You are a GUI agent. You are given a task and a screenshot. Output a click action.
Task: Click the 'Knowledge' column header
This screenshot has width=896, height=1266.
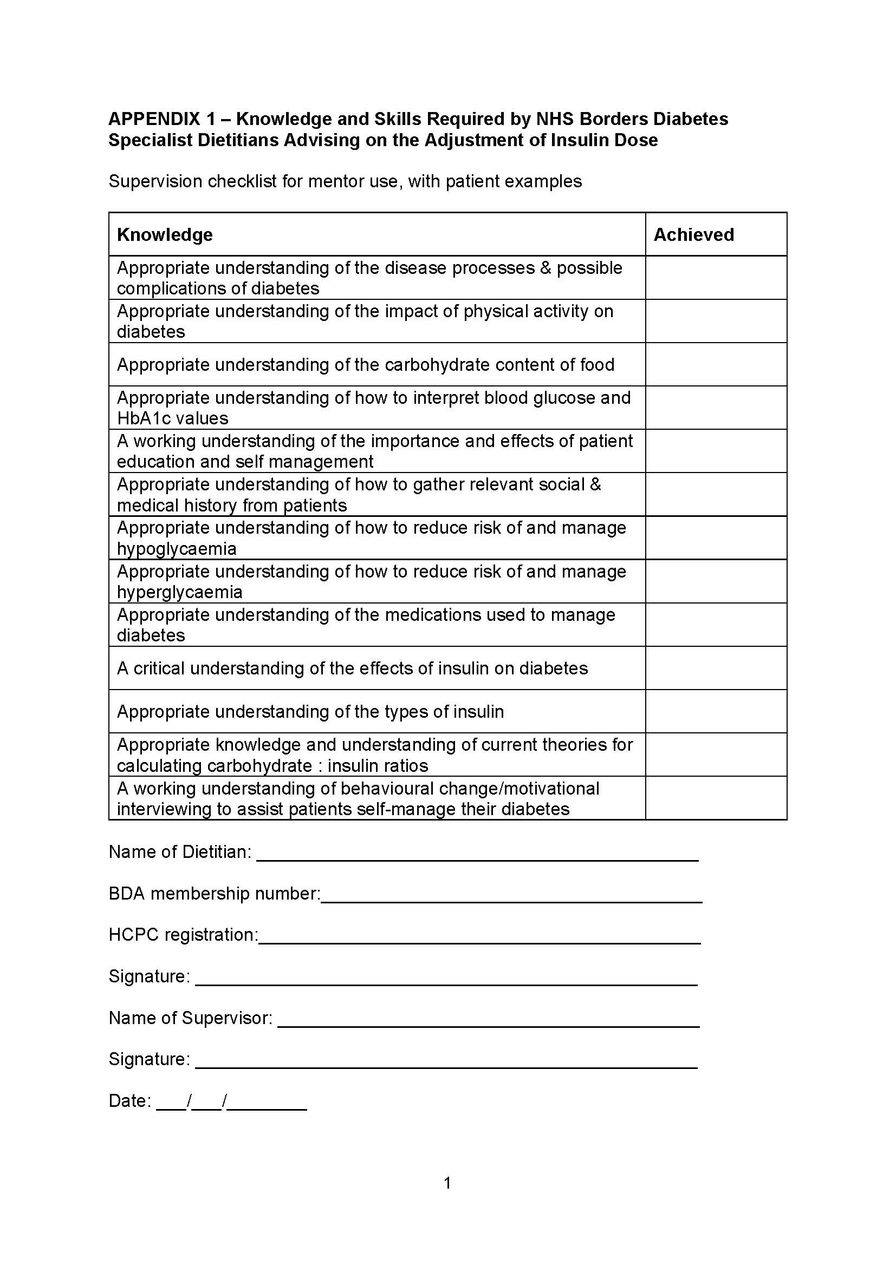165,235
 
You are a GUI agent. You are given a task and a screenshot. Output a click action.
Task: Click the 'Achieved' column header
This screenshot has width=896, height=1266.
693,235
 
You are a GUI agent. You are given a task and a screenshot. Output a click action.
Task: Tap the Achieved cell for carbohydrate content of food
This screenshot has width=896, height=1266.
716,364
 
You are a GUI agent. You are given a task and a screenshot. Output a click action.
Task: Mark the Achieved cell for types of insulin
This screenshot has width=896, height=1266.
716,711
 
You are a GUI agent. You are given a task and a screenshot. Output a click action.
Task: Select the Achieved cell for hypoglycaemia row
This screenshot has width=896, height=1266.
716,537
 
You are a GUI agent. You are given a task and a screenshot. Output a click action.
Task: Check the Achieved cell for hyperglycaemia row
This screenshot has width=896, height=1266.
716,581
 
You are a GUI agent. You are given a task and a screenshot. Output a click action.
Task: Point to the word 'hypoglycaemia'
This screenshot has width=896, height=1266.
177,549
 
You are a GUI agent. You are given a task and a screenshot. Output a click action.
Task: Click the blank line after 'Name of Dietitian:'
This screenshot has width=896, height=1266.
477,854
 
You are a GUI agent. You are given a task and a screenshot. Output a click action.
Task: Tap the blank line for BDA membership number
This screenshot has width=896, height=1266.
511,896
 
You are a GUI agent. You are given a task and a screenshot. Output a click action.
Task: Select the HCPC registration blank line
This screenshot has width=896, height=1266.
479,937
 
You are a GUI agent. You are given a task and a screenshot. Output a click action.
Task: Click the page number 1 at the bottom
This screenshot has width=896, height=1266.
447,1183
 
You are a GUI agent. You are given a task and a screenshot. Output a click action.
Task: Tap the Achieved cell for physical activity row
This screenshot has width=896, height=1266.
716,321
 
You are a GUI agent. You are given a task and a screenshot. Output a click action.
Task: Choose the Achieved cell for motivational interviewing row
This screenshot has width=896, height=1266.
716,798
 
